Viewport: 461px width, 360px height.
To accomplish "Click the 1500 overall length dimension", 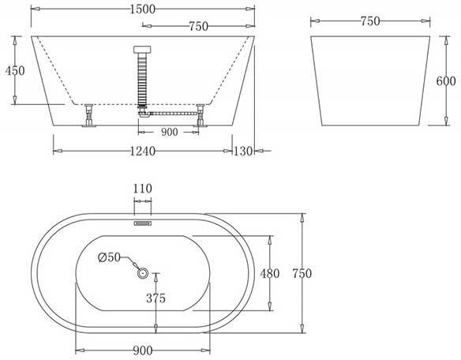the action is pyautogui.click(x=142, y=9).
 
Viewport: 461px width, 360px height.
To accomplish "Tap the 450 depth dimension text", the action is pyautogui.click(x=15, y=70).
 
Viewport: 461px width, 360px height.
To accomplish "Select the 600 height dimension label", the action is pyautogui.click(x=446, y=81).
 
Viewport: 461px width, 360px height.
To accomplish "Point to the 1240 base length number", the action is pyautogui.click(x=142, y=151).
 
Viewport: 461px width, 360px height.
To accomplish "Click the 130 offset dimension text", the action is pyautogui.click(x=243, y=151).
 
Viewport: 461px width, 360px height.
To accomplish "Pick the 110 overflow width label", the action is pyautogui.click(x=142, y=189).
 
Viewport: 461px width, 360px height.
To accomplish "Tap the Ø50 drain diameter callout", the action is pyautogui.click(x=109, y=257).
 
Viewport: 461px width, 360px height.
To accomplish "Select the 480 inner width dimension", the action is pyautogui.click(x=270, y=273).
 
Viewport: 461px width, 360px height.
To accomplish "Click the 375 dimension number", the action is pyautogui.click(x=156, y=298).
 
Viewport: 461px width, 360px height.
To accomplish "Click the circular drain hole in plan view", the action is pyautogui.click(x=143, y=273).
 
